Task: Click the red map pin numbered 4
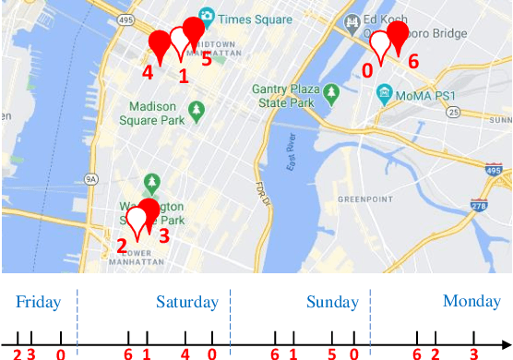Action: [x=161, y=42]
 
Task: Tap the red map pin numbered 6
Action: [x=398, y=35]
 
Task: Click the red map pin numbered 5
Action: [x=194, y=30]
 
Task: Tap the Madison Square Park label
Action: [x=155, y=114]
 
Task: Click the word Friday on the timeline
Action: [x=38, y=302]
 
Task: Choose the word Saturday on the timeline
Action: [x=187, y=302]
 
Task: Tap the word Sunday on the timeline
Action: [x=331, y=302]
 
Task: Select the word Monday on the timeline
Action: [x=471, y=301]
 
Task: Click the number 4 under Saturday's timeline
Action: [x=185, y=354]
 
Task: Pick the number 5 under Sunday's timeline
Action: [x=332, y=354]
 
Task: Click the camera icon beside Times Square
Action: [x=207, y=16]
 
